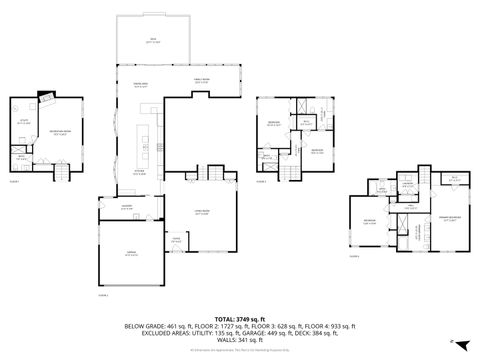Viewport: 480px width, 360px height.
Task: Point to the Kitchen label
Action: tap(141, 172)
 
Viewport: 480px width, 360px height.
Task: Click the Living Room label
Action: tap(201, 212)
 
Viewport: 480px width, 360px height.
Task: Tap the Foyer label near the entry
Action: tap(176, 240)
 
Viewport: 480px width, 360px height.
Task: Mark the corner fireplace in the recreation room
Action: tap(44, 98)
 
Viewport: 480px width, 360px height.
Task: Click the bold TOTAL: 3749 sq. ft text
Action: tap(240, 319)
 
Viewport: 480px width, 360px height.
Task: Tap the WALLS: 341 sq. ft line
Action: tap(240, 340)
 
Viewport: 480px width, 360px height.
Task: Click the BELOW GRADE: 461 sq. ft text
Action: tap(158, 326)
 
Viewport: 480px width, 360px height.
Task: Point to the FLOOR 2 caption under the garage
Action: tap(103, 296)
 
